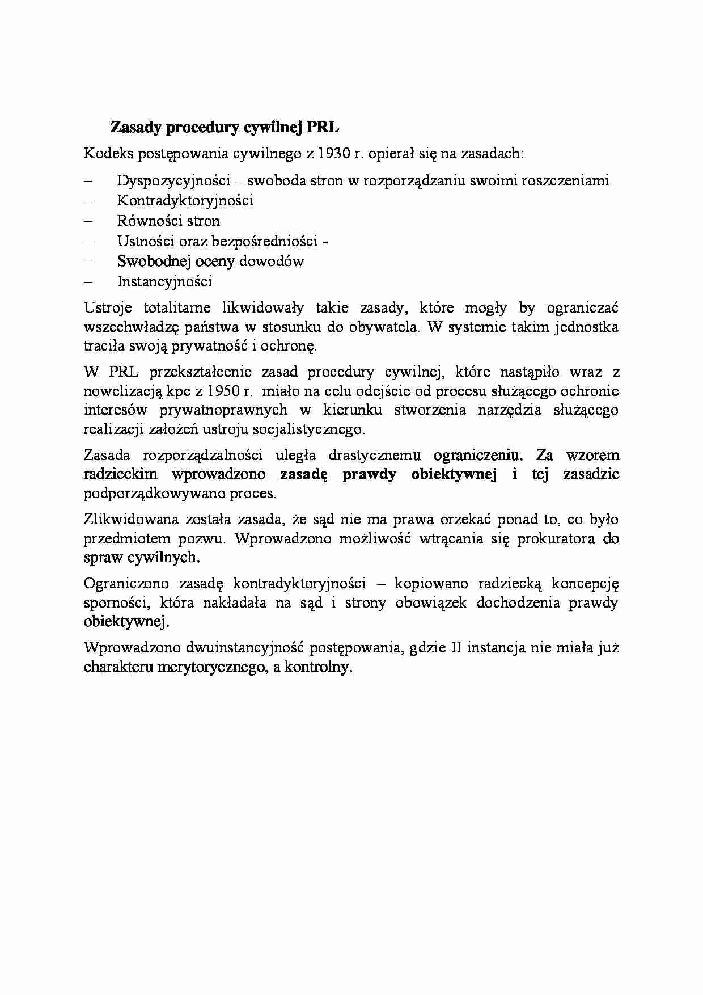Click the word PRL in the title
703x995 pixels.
point(323,127)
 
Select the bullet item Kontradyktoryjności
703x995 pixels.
point(185,200)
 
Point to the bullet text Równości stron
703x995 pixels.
point(168,221)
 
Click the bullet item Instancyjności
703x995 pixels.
point(164,281)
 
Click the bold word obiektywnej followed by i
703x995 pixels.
point(454,474)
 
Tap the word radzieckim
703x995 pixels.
point(120,474)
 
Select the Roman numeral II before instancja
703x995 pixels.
point(456,647)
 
